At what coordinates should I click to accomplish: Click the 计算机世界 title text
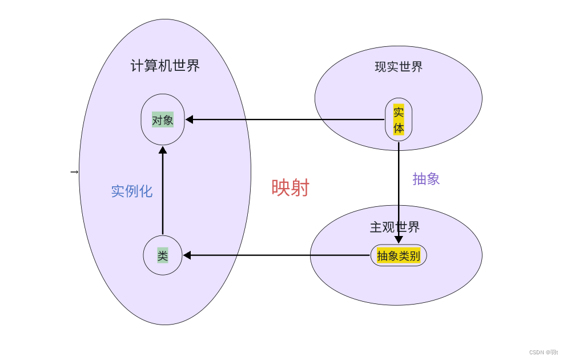click(x=165, y=66)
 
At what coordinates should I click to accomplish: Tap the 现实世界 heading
click(x=399, y=67)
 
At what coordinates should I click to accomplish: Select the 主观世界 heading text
click(x=395, y=227)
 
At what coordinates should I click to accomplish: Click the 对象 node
click(x=163, y=120)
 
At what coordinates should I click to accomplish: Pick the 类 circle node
click(x=163, y=255)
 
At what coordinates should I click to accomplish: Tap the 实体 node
click(x=399, y=119)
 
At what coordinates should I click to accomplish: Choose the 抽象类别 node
click(x=399, y=255)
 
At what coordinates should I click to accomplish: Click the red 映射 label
click(x=290, y=187)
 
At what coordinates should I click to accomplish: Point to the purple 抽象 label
click(x=426, y=179)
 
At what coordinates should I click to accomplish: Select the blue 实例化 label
click(x=131, y=191)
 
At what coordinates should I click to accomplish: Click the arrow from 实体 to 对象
click(x=285, y=119)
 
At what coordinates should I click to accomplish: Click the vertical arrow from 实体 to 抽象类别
click(x=399, y=189)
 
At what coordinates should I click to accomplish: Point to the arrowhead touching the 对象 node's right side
click(x=190, y=119)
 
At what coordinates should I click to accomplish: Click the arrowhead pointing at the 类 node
click(x=187, y=255)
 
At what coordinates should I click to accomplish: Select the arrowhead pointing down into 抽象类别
click(x=399, y=240)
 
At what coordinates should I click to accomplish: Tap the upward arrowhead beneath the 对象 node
click(x=163, y=150)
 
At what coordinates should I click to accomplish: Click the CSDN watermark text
click(x=543, y=353)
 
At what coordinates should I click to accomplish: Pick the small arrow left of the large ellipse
click(x=74, y=172)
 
